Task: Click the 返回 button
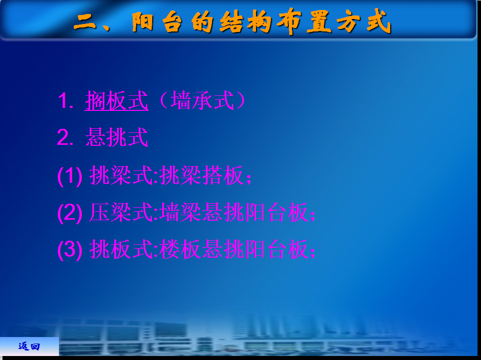pos(29,347)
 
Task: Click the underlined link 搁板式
pos(117,100)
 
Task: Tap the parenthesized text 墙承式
pos(203,100)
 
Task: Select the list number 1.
pos(65,101)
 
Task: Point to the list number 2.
pos(65,137)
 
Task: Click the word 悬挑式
pos(117,137)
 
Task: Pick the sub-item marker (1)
pos(70,176)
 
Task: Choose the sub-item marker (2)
pos(70,213)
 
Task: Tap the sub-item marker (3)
pos(70,250)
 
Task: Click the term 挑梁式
pos(121,175)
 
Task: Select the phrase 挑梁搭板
pos(202,175)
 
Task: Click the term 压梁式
pos(121,212)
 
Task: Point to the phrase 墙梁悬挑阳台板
pos(234,212)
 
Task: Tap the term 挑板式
pos(121,249)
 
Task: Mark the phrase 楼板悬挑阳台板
pos(234,249)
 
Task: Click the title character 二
pos(85,22)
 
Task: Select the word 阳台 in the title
pos(157,22)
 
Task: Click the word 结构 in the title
pos(245,22)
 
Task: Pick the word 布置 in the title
pos(304,22)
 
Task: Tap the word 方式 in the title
pos(364,21)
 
